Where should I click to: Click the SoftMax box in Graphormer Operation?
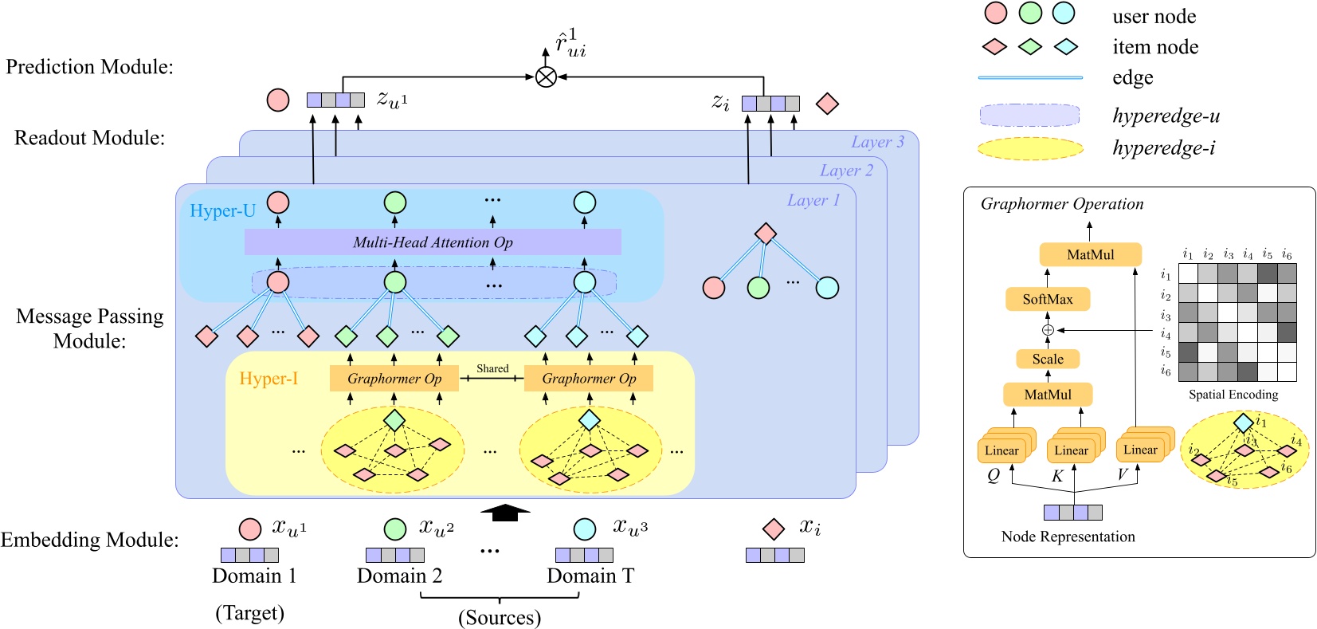(x=1047, y=299)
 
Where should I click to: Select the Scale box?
(x=1047, y=359)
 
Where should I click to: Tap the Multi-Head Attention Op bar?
(x=433, y=242)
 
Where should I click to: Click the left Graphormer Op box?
(x=394, y=379)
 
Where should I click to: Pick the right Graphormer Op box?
(x=589, y=379)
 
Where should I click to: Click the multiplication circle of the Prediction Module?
(x=546, y=77)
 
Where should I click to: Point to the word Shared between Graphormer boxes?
(x=492, y=368)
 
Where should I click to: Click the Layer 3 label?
(x=877, y=142)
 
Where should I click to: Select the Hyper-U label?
(x=222, y=211)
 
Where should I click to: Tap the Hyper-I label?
(x=268, y=378)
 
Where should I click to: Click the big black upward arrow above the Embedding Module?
(x=505, y=513)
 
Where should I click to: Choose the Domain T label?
(x=590, y=576)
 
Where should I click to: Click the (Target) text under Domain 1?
(x=249, y=612)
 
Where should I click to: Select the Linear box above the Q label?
(x=1001, y=450)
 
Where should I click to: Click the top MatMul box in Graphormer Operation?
(x=1090, y=254)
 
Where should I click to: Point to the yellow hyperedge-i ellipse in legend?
(x=1029, y=149)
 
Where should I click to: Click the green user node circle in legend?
(x=1029, y=13)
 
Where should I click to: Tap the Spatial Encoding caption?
(x=1233, y=395)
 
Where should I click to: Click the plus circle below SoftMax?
(x=1048, y=329)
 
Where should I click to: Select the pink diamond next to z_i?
(x=827, y=104)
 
